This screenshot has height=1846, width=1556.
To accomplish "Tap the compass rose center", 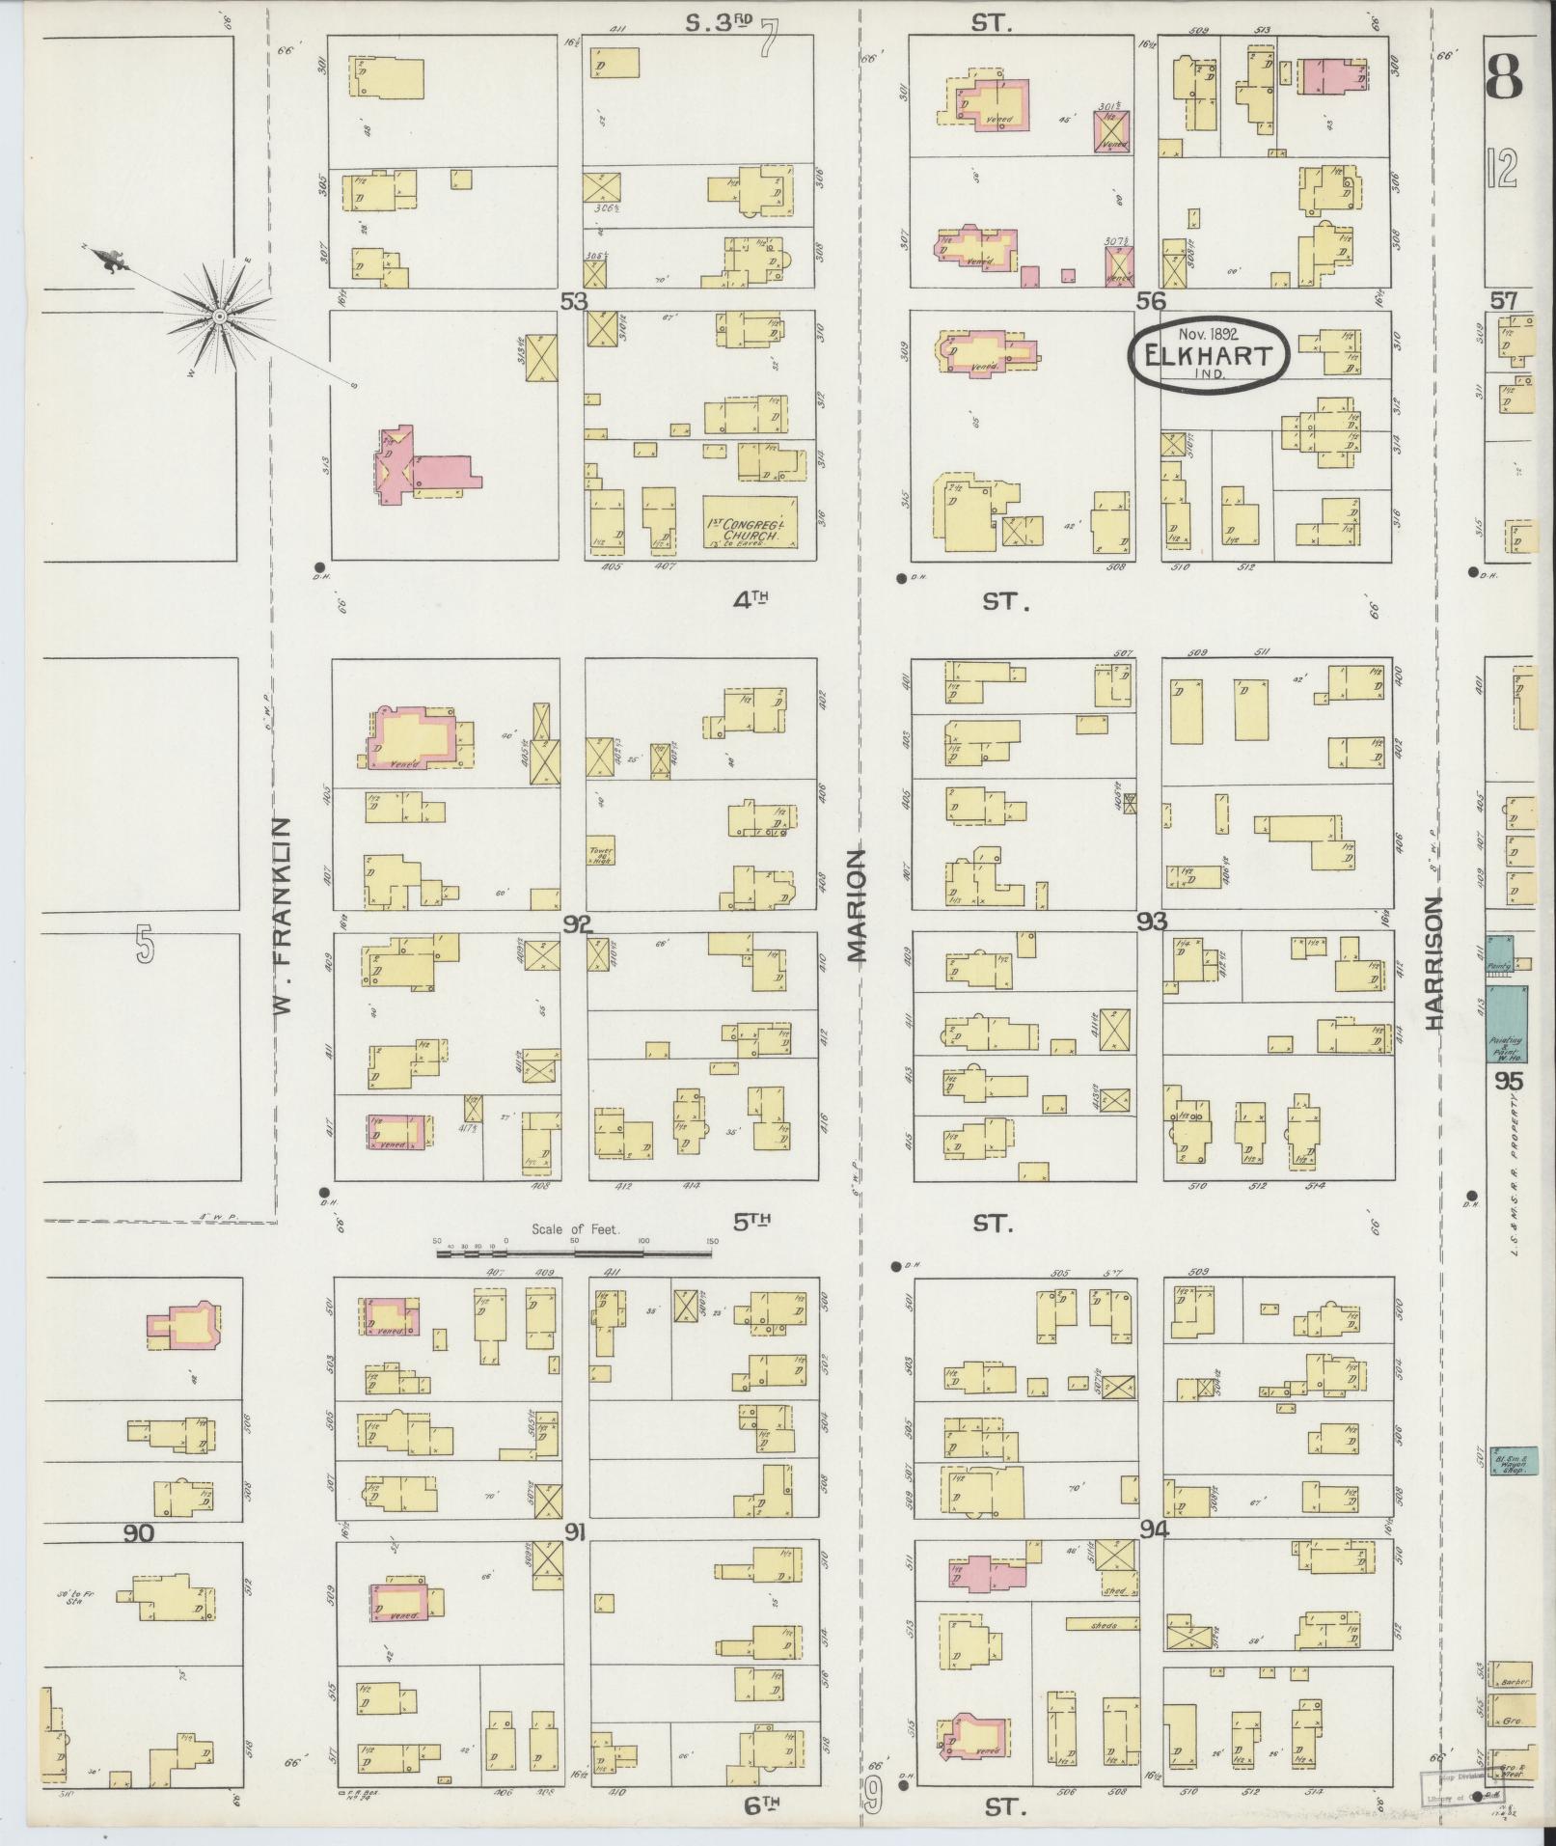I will [x=219, y=316].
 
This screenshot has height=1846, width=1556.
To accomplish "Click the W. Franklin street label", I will [x=282, y=917].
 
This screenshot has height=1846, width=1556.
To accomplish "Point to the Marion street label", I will [x=858, y=905].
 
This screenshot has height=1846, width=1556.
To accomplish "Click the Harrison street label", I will [x=1434, y=963].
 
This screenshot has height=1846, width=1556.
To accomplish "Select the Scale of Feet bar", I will [x=575, y=1254].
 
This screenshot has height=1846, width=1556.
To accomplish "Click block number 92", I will [x=578, y=924].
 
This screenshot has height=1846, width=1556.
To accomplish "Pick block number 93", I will [x=1152, y=921].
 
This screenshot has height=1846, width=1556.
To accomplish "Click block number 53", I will [x=574, y=302].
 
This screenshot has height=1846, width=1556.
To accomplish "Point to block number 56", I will [x=1149, y=301].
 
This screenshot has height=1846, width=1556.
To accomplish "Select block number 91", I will [x=576, y=1530].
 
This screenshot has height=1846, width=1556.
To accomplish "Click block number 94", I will [x=1154, y=1529].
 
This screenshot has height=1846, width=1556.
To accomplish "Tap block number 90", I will [x=139, y=1533].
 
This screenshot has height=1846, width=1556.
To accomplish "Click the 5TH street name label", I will [x=751, y=1223].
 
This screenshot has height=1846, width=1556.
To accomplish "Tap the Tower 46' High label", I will [x=601, y=854].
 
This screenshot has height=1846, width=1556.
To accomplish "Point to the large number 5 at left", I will [x=144, y=945].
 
